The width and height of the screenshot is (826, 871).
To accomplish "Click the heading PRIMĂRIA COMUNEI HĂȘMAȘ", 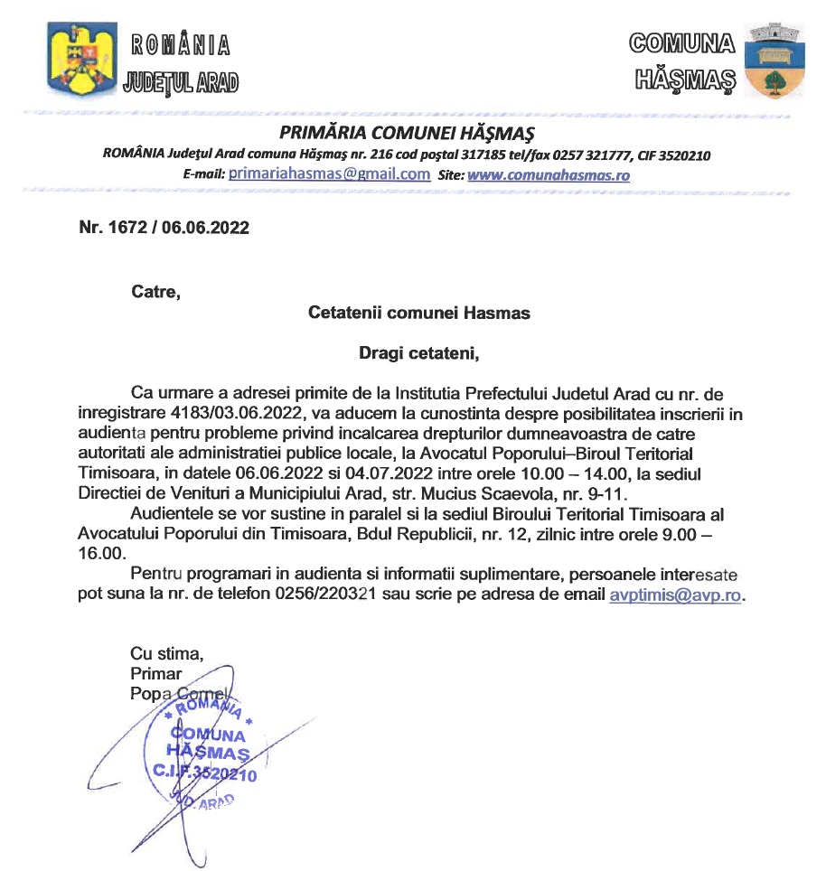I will pos(408,134).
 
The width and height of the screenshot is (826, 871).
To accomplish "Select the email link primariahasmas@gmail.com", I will pos(329,174).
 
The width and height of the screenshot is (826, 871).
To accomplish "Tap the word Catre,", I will pos(155,292).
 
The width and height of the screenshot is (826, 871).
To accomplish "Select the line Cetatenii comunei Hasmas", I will pos(419,314).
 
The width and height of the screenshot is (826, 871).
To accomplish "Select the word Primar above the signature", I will pos(156,673).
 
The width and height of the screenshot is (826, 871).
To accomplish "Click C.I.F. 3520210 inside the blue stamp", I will pos(206,774).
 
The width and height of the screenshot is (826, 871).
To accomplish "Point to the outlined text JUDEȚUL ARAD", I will pos(180,82).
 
